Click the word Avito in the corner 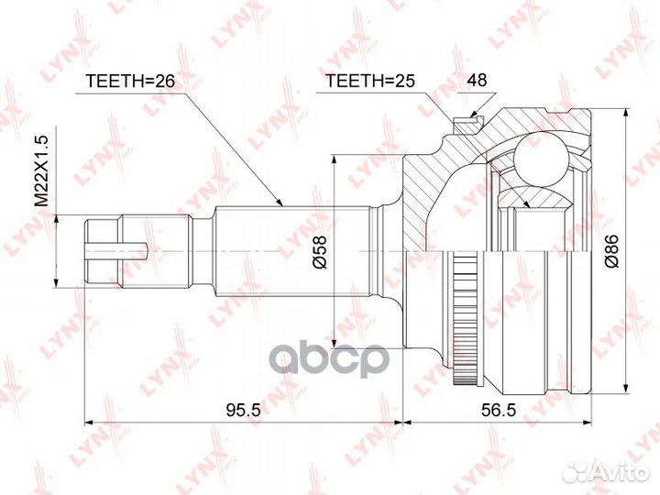[619, 471]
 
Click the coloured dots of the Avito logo [578, 471]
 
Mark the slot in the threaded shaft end [119, 246]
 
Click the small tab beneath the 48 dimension [474, 116]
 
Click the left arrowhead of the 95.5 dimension [88, 423]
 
